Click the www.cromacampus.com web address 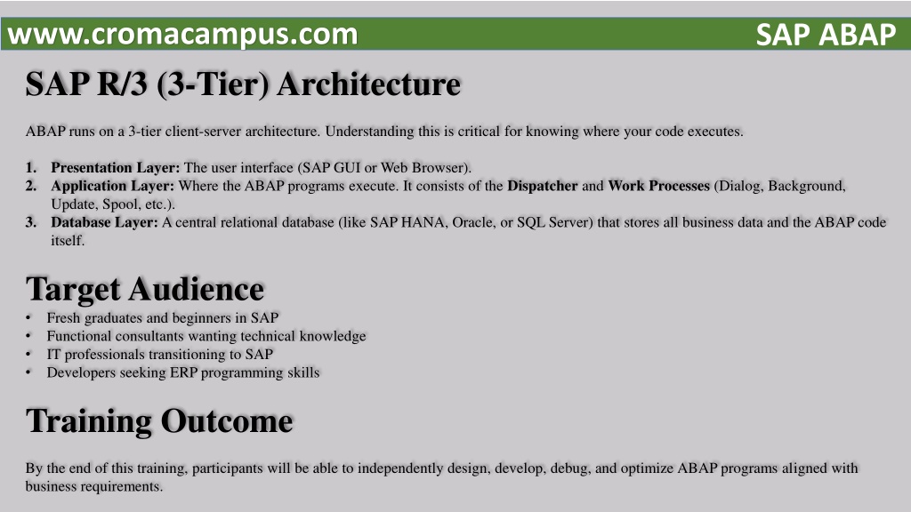pos(182,35)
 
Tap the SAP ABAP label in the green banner pos(826,35)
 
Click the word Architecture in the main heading pos(369,84)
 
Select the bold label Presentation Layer pos(116,168)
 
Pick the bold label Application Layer pos(113,186)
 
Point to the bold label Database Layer pos(105,222)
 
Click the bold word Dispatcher pos(543,186)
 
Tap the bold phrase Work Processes pos(659,186)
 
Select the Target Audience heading pos(145,290)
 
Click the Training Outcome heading pos(159,420)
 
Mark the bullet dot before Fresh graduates pos(28,318)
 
